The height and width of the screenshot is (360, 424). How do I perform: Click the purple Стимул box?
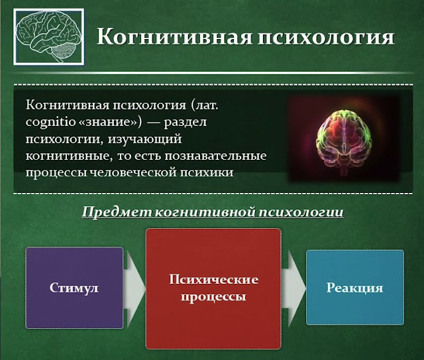pos(74,288)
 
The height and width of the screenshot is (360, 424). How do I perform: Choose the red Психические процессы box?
pos(213,288)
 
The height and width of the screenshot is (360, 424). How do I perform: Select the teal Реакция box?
pos(354,288)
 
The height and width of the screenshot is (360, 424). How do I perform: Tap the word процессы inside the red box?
pos(213,297)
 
